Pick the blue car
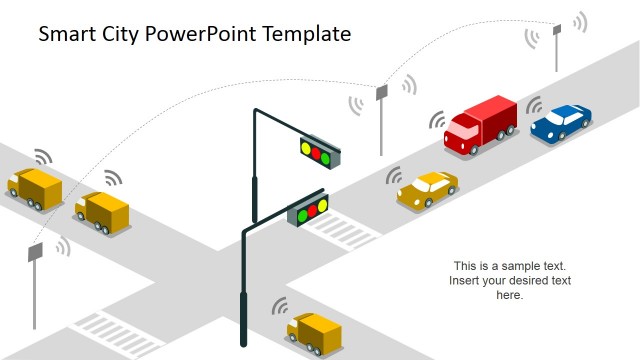pos(561,122)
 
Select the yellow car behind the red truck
pos(427,188)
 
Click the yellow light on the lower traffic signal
pos(310,211)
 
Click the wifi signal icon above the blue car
pos(534,105)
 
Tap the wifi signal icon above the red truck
pos(437,121)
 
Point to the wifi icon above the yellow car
pos(394,177)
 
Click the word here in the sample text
pos(510,295)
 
